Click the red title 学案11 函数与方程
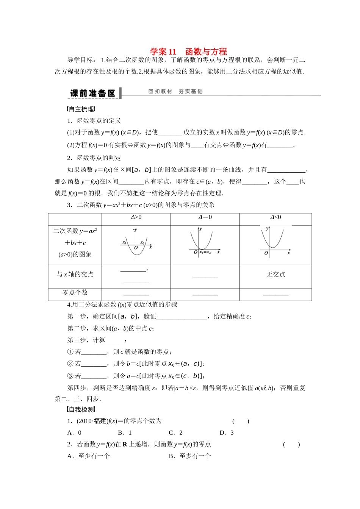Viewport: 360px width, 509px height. point(188,52)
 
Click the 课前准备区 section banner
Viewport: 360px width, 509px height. point(92,93)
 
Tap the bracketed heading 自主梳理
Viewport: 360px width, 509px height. point(80,109)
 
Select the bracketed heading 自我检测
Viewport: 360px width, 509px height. point(80,409)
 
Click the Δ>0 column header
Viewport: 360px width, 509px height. point(136,217)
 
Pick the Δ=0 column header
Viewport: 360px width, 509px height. point(205,217)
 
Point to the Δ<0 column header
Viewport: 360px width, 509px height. point(275,217)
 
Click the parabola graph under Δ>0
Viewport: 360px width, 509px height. point(135,244)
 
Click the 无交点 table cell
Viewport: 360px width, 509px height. point(275,275)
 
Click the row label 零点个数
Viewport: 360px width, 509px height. point(75,292)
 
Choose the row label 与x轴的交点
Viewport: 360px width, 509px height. point(75,275)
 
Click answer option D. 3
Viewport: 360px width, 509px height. point(227,432)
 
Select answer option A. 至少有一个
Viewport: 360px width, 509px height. point(88,456)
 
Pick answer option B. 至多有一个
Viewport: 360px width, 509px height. point(190,456)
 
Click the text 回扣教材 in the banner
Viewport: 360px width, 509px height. point(160,91)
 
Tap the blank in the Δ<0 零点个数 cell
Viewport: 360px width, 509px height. point(275,294)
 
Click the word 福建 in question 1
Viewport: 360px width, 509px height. point(100,421)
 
